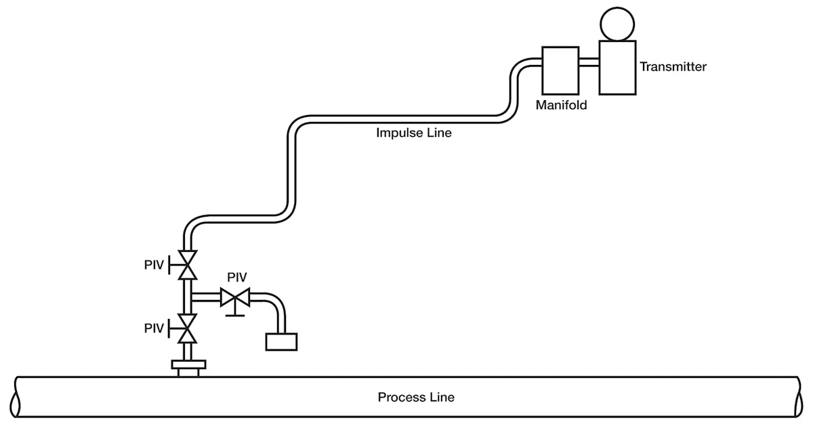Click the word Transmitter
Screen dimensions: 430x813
[673, 67]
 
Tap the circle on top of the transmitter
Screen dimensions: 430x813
[617, 22]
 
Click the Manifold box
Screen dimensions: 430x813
[560, 70]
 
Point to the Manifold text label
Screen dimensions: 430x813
[561, 106]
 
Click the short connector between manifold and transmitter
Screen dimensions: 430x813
[589, 63]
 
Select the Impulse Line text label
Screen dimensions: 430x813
[413, 133]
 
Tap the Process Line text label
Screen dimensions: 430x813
[416, 397]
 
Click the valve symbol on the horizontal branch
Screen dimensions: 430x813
[235, 297]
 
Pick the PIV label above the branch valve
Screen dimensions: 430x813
[236, 277]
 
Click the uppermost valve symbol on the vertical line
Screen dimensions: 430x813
[186, 265]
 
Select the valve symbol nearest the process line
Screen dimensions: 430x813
[186, 328]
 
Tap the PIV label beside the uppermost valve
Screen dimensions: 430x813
[154, 265]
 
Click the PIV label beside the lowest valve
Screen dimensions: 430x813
[154, 328]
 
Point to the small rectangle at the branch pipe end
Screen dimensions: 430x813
[281, 341]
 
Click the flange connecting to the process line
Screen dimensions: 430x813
[188, 367]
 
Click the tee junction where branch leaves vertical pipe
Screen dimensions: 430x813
[188, 297]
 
